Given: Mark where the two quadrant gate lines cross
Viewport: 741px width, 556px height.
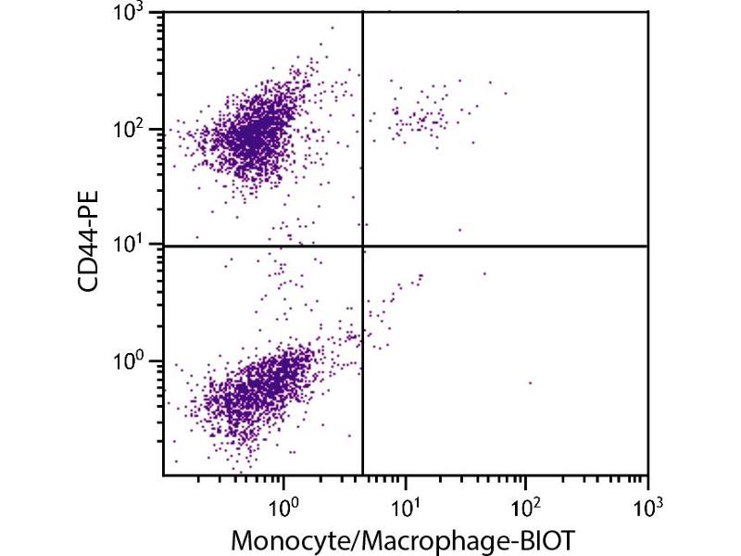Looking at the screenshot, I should (362, 246).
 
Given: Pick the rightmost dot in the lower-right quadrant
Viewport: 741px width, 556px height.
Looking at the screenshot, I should (530, 383).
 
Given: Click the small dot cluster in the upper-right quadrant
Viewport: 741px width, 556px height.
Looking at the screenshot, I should (421, 116).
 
